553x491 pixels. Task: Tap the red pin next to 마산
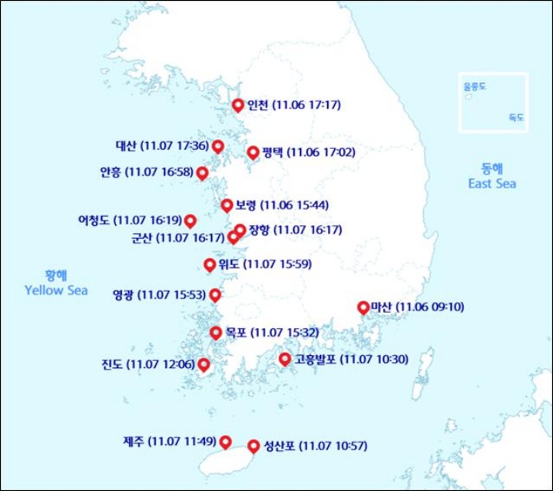[363, 307]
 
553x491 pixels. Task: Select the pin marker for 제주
[226, 441]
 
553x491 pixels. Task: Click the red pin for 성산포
[253, 445]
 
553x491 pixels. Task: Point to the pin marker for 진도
[204, 364]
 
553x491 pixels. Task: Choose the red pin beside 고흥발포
[285, 359]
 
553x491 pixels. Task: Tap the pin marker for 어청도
[190, 220]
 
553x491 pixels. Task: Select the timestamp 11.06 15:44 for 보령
[295, 205]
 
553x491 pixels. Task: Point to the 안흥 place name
[110, 172]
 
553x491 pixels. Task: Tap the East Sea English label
[493, 184]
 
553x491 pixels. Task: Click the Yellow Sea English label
[56, 291]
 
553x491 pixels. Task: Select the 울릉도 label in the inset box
[474, 88]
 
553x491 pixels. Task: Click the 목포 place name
[236, 333]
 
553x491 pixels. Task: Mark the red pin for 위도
[210, 265]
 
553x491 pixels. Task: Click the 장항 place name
[259, 229]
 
